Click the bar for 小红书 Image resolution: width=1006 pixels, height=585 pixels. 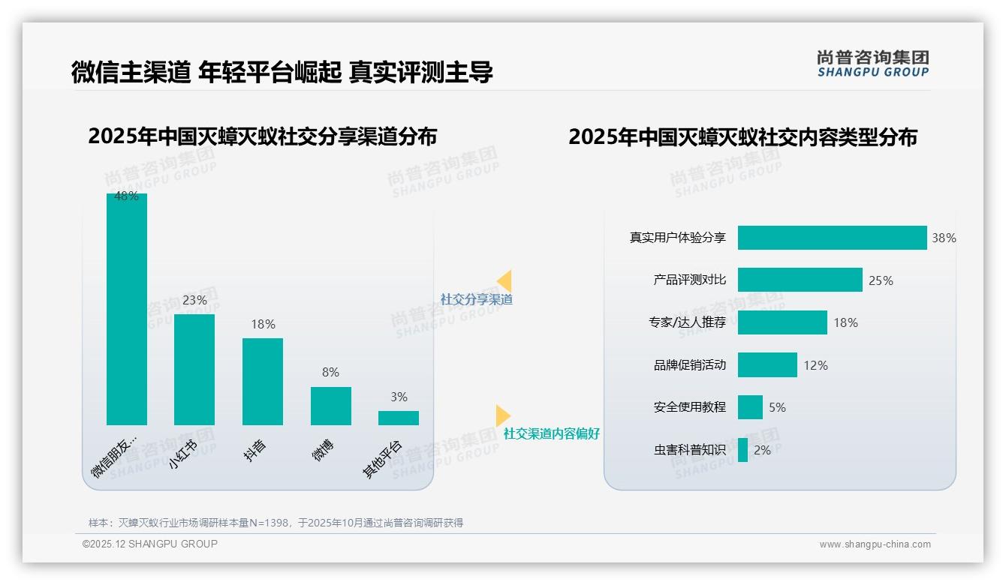coord(194,370)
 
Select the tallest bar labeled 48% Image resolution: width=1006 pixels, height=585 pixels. coord(127,309)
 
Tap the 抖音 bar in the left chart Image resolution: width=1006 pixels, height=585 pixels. coord(263,382)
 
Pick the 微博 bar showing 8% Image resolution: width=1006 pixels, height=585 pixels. coord(331,406)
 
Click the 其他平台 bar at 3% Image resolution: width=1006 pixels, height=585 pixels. coord(399,418)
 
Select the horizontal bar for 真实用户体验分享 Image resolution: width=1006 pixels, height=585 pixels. coord(832,238)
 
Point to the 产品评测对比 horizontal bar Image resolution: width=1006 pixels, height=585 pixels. coord(800,280)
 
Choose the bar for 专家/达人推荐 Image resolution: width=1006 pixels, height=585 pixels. coord(782,322)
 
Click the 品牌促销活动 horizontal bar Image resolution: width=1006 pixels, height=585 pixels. coord(767,365)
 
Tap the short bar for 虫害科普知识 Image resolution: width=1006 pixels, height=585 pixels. coord(742,450)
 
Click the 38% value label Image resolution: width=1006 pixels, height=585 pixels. coord(944,238)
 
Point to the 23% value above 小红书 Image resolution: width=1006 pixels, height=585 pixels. coord(194,300)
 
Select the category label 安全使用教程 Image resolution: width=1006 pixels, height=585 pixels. coord(690,407)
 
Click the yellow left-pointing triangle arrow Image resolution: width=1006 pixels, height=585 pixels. coord(505,280)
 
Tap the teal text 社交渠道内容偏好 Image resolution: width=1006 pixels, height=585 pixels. coord(552,433)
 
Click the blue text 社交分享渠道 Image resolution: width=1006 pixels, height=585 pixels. coord(477,299)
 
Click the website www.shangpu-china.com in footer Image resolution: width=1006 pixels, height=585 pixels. coord(875,544)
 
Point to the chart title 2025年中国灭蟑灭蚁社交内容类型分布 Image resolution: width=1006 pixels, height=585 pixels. coord(742,138)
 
